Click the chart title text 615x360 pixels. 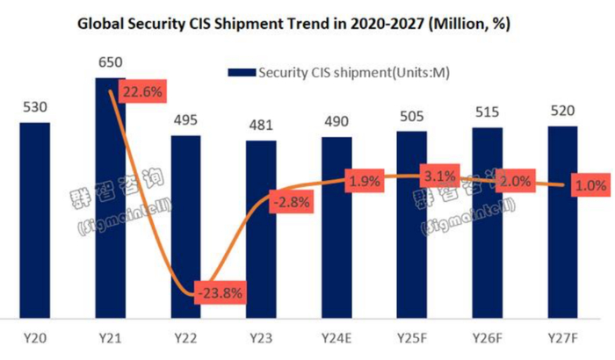(307, 24)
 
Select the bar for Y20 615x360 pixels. (34, 220)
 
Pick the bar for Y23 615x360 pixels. (261, 228)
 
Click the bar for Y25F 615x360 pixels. (412, 224)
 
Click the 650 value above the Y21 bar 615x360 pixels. (110, 64)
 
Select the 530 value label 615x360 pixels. (34, 108)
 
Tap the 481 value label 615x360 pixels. (261, 126)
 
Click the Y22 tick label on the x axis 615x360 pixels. (185, 338)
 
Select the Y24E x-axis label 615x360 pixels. (336, 338)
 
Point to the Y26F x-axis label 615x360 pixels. (488, 338)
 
